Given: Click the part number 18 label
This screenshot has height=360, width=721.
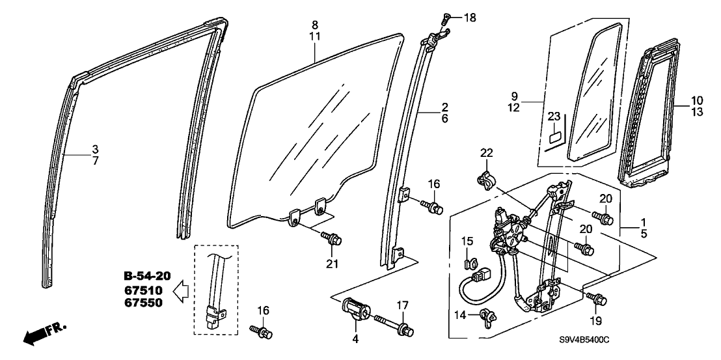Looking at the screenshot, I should [470, 18].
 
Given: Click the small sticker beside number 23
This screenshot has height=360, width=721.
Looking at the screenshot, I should [554, 137].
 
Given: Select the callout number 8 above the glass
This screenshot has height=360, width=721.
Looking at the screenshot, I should [315, 24].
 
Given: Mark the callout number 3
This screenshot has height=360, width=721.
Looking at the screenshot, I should [95, 148].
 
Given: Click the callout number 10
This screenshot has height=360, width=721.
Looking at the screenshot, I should [697, 100].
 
